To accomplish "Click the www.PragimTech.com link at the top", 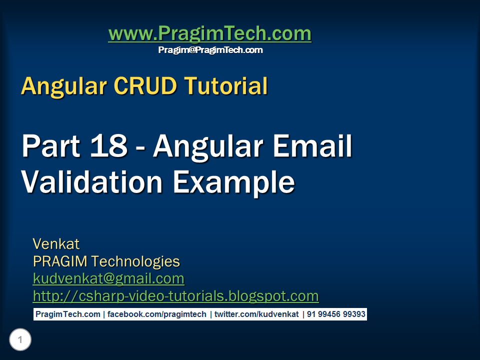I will [209, 34].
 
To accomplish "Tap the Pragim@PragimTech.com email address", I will [210, 50].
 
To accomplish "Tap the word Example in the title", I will [233, 182].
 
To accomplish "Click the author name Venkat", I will [56, 244].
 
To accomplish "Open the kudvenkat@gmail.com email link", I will [108, 278].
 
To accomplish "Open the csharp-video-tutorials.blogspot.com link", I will [175, 296].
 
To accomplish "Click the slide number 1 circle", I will [20, 340].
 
